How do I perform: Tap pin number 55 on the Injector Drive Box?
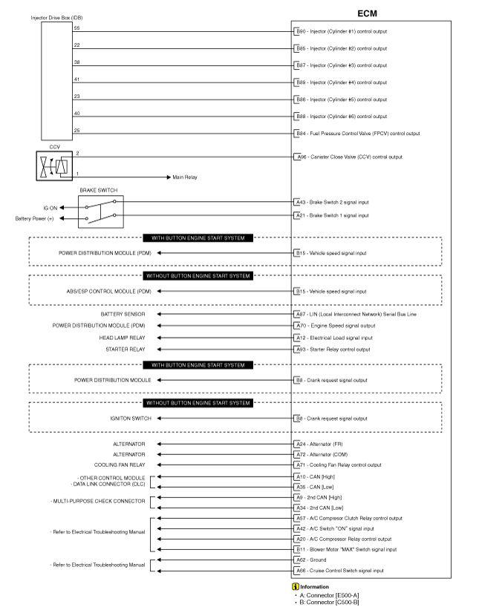76,27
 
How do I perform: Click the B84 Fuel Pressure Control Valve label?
358,134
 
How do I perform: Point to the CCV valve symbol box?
54,165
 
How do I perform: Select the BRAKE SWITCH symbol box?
101,212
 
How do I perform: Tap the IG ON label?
50,208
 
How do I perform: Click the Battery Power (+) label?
35,218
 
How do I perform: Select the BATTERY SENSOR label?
123,314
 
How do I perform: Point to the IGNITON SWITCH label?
131,418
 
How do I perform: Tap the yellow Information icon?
296,586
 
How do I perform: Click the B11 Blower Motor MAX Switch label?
346,549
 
